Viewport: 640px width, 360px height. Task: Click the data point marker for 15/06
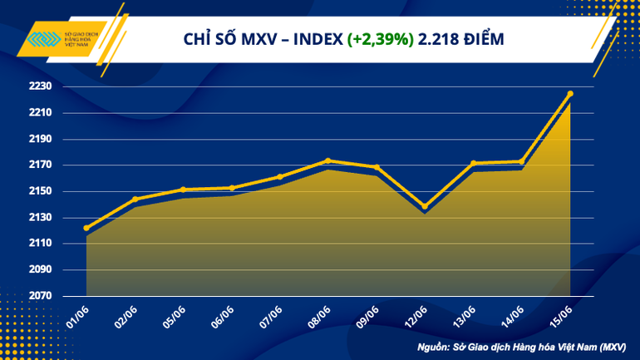pos(570,94)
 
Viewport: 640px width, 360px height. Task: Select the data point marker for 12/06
pos(425,206)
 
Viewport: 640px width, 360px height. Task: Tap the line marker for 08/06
pos(328,160)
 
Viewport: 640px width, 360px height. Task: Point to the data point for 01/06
pos(86,228)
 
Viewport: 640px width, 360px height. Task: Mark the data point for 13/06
pos(473,163)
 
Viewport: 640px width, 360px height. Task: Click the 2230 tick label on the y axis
pos(42,86)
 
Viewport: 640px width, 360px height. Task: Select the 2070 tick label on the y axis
pos(42,296)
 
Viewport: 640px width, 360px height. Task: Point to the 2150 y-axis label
pos(42,191)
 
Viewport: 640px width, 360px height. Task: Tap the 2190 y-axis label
pos(42,139)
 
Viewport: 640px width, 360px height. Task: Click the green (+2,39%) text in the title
pos(382,40)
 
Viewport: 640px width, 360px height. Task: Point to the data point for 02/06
pos(135,200)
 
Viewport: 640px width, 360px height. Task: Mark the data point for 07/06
pos(280,176)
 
